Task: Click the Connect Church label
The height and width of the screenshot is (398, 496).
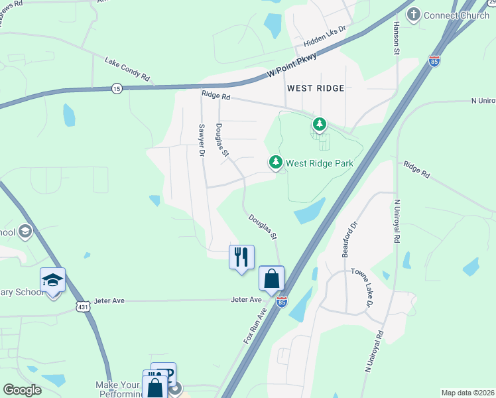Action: [456, 15]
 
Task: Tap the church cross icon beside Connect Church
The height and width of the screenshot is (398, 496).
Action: [414, 15]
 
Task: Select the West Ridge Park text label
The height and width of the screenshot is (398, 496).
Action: [320, 163]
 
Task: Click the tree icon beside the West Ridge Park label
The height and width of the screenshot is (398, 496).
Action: [275, 163]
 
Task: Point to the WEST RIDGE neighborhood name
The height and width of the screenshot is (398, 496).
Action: [316, 88]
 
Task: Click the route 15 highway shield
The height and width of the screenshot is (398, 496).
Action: [117, 88]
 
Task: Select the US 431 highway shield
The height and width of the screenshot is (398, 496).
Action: [82, 306]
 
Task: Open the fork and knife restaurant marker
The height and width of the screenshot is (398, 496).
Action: [241, 257]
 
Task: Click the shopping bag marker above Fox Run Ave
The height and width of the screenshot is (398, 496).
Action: [271, 278]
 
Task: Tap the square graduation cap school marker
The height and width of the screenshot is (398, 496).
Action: [52, 280]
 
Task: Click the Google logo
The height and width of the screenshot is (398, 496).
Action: [22, 390]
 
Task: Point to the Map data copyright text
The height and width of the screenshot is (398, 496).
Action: [467, 393]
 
